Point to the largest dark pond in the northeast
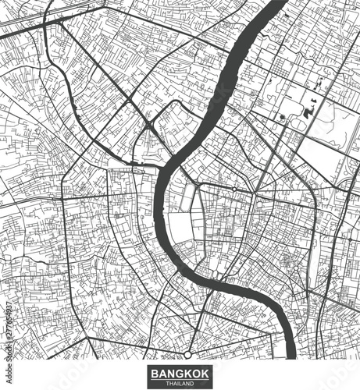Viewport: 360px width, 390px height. coord(308,112)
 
